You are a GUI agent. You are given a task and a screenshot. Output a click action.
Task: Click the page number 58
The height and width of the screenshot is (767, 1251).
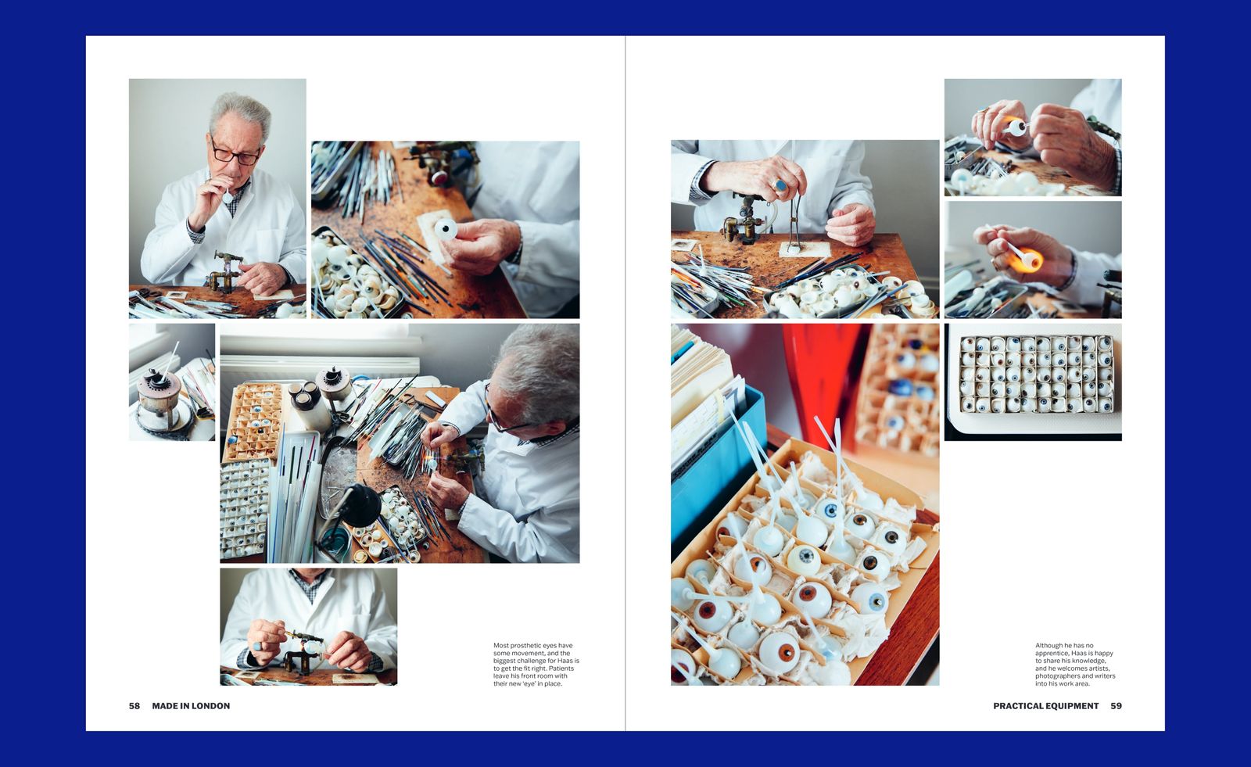pyautogui.click(x=134, y=705)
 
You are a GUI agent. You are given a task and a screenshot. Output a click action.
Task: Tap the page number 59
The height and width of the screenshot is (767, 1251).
pyautogui.click(x=1116, y=705)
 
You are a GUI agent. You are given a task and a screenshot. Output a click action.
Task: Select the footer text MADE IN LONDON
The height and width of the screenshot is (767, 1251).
pyautogui.click(x=191, y=705)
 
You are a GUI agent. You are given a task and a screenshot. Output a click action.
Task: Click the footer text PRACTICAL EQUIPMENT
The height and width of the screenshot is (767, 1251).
pyautogui.click(x=1045, y=705)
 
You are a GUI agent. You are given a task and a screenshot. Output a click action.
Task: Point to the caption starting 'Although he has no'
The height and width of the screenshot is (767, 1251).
pyautogui.click(x=1075, y=665)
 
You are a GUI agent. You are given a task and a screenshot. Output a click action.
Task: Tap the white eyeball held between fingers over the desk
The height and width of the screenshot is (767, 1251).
pyautogui.click(x=446, y=230)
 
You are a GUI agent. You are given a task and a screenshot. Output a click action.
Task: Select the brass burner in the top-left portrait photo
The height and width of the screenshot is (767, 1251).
pyautogui.click(x=225, y=272)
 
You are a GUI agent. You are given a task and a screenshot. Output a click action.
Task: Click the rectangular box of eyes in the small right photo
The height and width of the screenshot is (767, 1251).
pyautogui.click(x=1036, y=374)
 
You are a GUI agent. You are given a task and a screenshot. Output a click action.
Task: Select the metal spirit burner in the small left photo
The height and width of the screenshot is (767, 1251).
pyautogui.click(x=160, y=397)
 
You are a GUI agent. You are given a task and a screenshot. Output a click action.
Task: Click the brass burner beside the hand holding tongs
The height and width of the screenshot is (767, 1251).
pyautogui.click(x=740, y=220)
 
